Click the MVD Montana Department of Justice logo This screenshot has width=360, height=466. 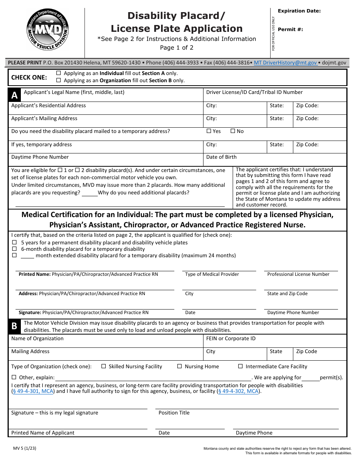point(47,30)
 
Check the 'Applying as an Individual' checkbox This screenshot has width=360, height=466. point(58,73)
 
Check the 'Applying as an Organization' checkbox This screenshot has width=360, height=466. point(58,80)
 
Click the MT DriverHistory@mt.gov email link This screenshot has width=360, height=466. point(286,63)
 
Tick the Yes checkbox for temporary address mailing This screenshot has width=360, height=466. point(209,131)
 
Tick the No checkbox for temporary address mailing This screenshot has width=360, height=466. point(233,131)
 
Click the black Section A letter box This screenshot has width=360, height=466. point(14,95)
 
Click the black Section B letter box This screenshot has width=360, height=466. point(14,326)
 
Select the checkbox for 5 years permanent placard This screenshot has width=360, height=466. point(14,242)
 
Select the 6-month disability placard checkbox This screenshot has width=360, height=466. point(14,249)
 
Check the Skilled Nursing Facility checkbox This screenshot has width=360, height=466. point(104,366)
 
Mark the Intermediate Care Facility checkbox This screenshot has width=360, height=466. point(240,366)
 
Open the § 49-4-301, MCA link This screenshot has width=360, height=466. point(33,391)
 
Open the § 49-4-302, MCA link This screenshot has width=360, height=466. point(239,391)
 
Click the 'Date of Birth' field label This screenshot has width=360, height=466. point(221,157)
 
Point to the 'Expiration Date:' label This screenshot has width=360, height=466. point(299,11)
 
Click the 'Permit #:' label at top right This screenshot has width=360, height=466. point(290,30)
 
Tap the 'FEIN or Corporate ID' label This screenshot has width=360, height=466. point(231,339)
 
